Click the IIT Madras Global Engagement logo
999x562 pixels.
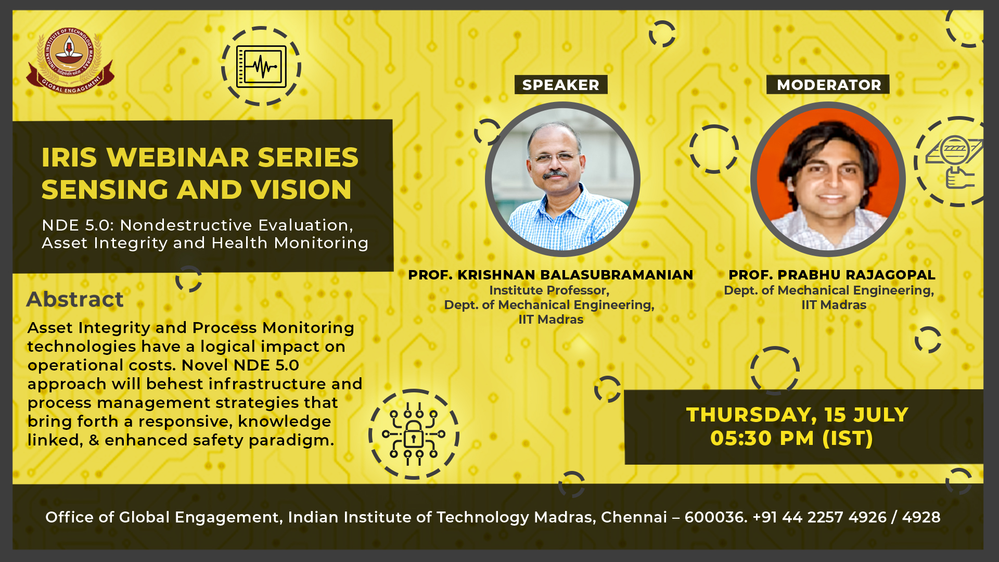pyautogui.click(x=70, y=60)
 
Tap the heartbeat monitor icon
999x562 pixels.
pyautogui.click(x=261, y=66)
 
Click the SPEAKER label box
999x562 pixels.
pyautogui.click(x=561, y=85)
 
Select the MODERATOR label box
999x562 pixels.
pyautogui.click(x=828, y=85)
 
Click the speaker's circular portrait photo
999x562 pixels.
pyautogui.click(x=562, y=178)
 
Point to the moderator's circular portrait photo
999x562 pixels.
pyautogui.click(x=828, y=178)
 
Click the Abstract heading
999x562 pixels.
pyautogui.click(x=75, y=299)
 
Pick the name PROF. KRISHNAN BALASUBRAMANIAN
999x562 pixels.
pyautogui.click(x=550, y=275)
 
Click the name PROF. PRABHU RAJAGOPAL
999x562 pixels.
pyautogui.click(x=831, y=275)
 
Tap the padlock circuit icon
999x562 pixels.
pyautogui.click(x=414, y=434)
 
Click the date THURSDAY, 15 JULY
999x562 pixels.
pyautogui.click(x=797, y=415)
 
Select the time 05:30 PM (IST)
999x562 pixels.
pyautogui.click(x=791, y=438)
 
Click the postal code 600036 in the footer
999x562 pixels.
pyautogui.click(x=715, y=517)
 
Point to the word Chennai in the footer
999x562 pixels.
pyautogui.click(x=634, y=517)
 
